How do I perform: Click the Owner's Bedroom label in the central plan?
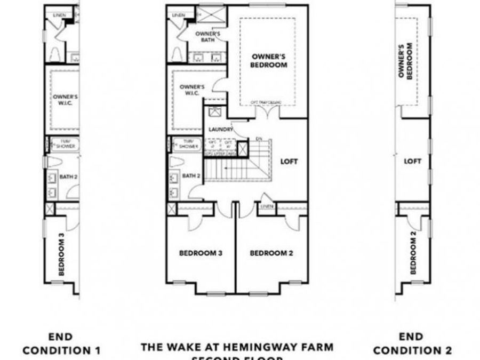tap(269, 60)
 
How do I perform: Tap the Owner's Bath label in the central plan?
tap(204, 36)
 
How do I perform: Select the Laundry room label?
tap(221, 129)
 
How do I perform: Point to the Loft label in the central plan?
tap(289, 161)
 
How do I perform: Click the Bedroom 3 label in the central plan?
tap(201, 253)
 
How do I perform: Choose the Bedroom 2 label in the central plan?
tap(271, 253)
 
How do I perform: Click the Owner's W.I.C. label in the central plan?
tap(192, 90)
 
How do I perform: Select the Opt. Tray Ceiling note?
tap(267, 102)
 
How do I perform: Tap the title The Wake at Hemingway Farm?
tap(237, 347)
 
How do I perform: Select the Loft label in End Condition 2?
tap(412, 161)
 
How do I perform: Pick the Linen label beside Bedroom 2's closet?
tap(267, 206)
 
